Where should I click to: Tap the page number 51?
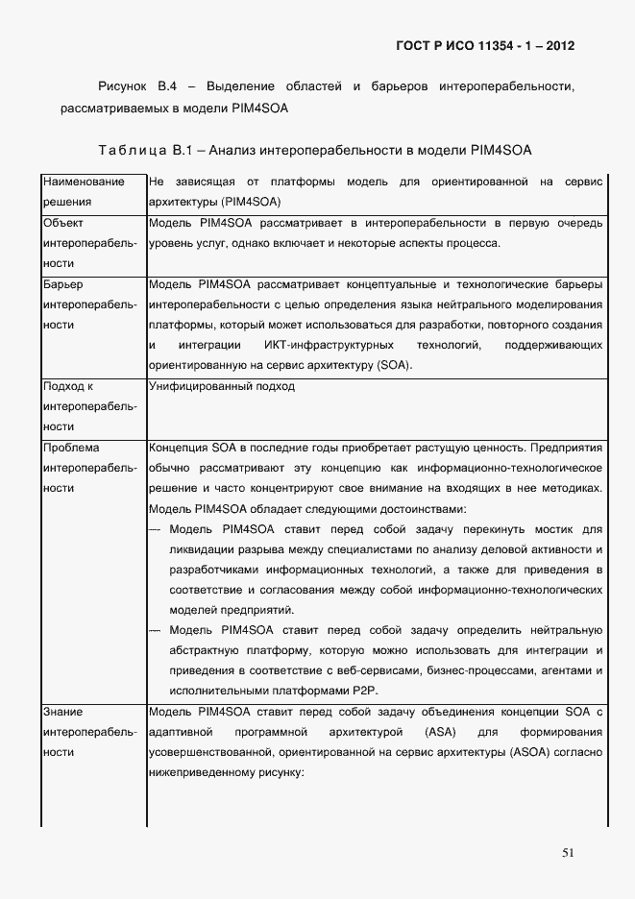pos(568,852)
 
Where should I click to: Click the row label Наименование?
pos(84,182)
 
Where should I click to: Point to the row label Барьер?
pos(64,284)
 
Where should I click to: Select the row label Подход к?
pos(68,386)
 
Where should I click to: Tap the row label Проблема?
pos(72,448)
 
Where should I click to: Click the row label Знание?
pos(63,712)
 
